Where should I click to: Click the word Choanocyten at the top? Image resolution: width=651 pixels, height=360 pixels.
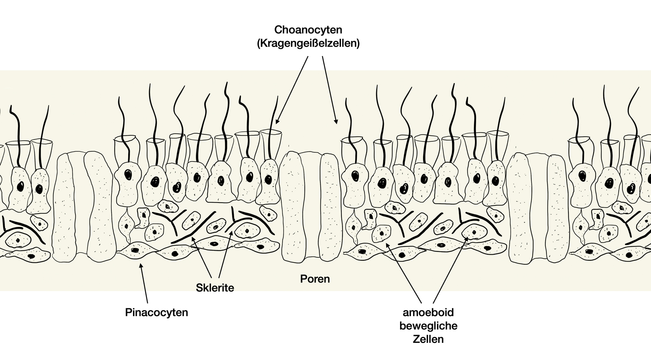(x=308, y=30)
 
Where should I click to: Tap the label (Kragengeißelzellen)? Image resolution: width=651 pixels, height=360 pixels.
(x=308, y=43)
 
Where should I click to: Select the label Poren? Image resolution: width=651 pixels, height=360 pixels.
(x=315, y=279)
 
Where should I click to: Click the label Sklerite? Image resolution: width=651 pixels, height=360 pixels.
(x=215, y=288)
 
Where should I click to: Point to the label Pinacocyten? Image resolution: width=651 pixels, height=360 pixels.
(x=157, y=313)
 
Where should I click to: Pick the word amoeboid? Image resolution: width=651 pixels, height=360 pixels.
(x=428, y=313)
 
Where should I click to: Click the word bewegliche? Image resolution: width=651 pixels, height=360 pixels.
(x=428, y=326)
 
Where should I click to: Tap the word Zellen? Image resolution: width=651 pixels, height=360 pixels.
(x=428, y=339)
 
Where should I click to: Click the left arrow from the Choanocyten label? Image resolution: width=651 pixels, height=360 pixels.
(x=292, y=89)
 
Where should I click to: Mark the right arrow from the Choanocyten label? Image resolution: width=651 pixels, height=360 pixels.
(x=329, y=89)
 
